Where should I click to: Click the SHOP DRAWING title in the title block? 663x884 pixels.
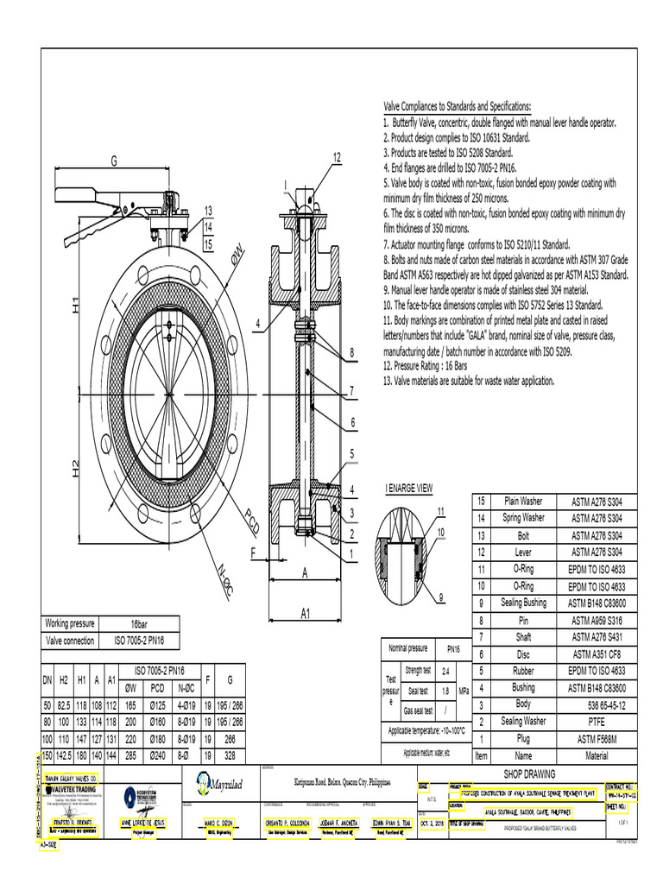pyautogui.click(x=530, y=773)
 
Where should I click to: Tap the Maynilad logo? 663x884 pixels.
pyautogui.click(x=214, y=783)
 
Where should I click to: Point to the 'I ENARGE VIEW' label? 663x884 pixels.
pyautogui.click(x=408, y=488)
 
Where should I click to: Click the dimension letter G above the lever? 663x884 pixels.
pyautogui.click(x=113, y=161)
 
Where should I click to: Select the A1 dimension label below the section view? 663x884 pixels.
pyautogui.click(x=305, y=613)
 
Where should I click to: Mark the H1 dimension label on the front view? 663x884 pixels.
pyautogui.click(x=76, y=305)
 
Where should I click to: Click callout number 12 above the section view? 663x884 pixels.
pyautogui.click(x=337, y=156)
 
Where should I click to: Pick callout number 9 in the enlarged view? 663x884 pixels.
pyautogui.click(x=440, y=597)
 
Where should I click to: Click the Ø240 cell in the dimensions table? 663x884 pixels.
pyautogui.click(x=158, y=755)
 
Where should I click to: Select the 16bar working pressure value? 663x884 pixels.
pyautogui.click(x=139, y=623)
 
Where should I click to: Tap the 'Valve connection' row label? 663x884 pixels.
pyautogui.click(x=70, y=641)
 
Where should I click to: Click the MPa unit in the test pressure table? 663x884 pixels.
pyautogui.click(x=464, y=691)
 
